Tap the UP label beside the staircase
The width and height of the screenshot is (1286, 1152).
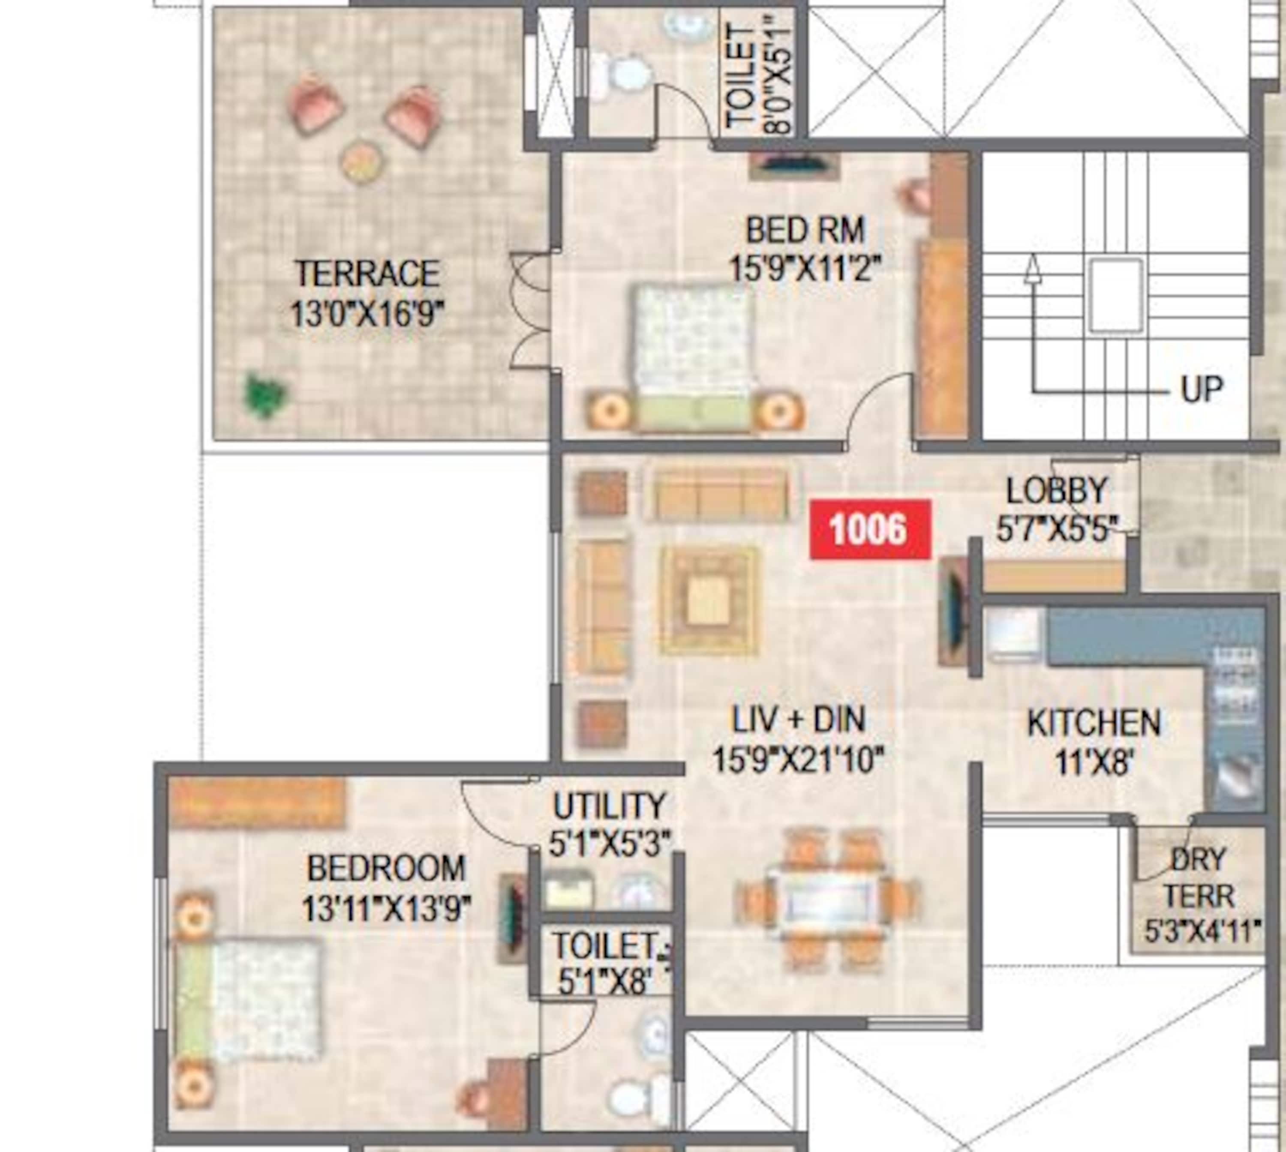pos(1201,389)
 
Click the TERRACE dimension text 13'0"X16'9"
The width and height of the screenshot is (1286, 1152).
pos(367,313)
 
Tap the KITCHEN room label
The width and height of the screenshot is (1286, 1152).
pos(1094,723)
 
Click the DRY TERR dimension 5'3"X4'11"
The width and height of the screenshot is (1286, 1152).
pos(1201,930)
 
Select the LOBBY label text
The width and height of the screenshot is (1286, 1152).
pos(1057,491)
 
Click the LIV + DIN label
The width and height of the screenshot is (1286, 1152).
pos(798,720)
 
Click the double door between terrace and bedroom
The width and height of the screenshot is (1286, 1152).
pos(531,310)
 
